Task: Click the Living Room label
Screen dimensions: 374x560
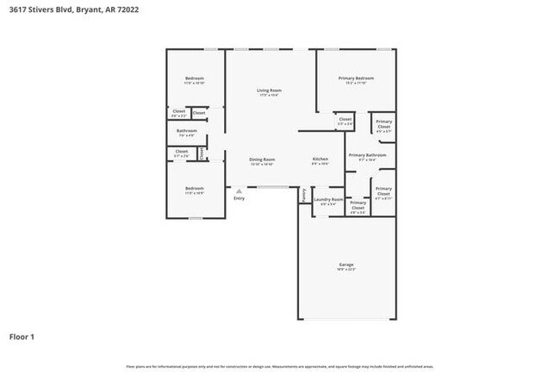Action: [269, 90]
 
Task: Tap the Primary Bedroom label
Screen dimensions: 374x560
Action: [356, 78]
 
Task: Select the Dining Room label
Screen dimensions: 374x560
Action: [262, 159]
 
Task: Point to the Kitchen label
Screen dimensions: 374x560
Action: [320, 159]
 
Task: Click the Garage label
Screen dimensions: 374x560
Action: [346, 265]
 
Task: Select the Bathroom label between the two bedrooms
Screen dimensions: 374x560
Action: [187, 131]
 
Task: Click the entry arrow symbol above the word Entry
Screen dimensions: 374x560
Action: [239, 190]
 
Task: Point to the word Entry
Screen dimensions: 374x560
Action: [239, 198]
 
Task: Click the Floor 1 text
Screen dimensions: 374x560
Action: [22, 336]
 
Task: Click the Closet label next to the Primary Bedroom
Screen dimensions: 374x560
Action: [345, 119]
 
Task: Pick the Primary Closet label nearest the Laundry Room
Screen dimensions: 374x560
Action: [358, 204]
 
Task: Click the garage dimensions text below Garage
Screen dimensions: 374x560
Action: [346, 270]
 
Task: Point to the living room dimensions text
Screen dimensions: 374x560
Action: [269, 96]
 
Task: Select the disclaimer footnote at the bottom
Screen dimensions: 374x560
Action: [280, 367]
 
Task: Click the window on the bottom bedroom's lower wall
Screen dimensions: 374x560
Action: [196, 218]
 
